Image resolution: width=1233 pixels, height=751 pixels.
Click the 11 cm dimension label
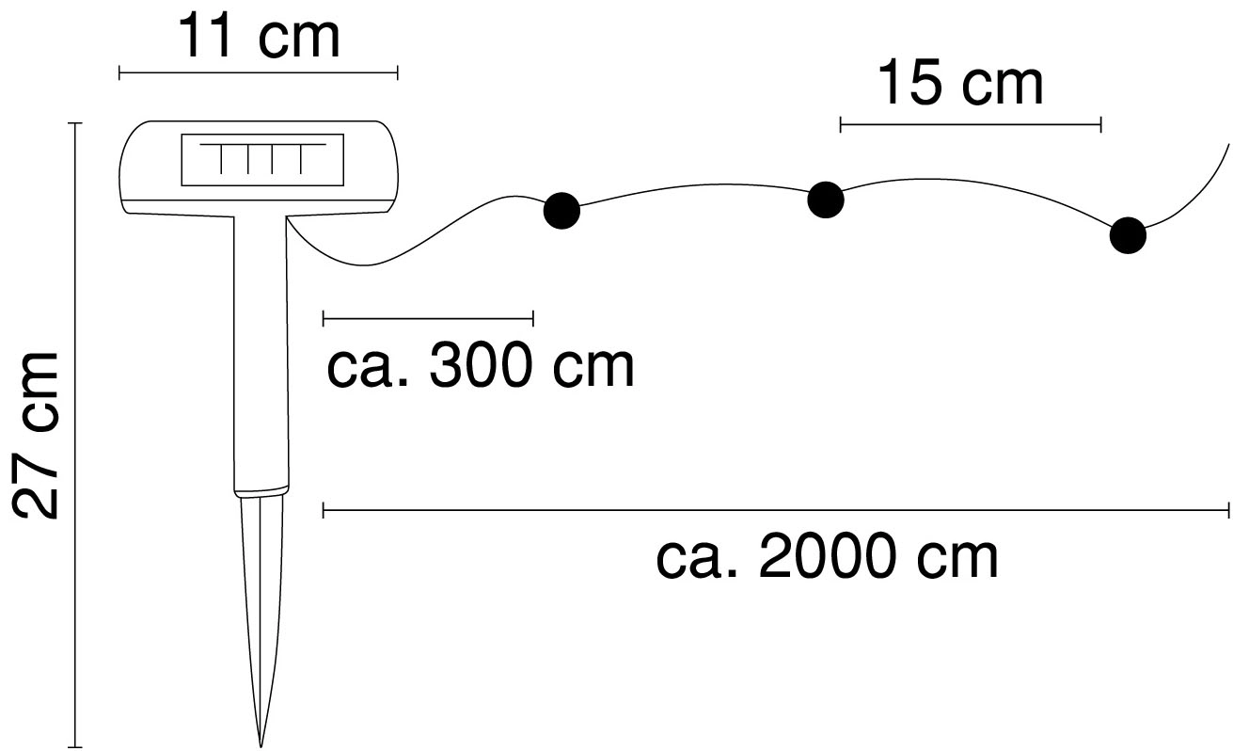259,37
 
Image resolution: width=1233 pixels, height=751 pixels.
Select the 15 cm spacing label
960,84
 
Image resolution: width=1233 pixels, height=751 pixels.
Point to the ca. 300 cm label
480,366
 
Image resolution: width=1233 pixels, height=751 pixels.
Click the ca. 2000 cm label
827,558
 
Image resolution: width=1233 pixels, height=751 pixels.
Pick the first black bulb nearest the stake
562,210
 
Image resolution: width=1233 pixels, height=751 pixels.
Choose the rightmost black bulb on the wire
1128,235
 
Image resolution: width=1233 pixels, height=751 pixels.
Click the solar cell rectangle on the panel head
261,160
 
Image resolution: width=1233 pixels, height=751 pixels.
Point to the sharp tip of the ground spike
261,742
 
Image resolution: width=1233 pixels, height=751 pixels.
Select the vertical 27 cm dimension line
75,433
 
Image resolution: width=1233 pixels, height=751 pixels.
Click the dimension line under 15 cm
970,123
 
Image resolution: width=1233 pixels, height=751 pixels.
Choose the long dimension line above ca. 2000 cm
776,511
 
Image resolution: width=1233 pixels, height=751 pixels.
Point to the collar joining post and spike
261,491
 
